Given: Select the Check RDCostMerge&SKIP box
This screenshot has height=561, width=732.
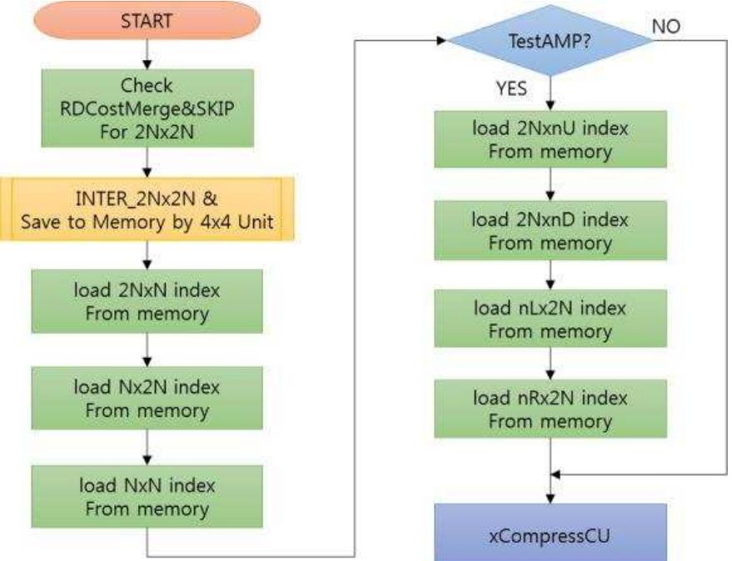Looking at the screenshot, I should click(x=147, y=109).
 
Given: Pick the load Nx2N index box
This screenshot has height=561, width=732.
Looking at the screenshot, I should click(x=147, y=398).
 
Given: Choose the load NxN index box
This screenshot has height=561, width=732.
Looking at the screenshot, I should click(x=147, y=494).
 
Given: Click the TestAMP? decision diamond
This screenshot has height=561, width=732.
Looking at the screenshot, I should click(x=550, y=42).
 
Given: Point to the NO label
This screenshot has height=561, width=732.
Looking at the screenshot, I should click(x=667, y=27).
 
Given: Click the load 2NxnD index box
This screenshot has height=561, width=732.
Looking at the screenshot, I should click(x=550, y=231).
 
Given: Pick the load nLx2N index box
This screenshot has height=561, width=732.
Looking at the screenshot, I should click(x=550, y=320).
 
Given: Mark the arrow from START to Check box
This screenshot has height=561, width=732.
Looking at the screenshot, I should click(x=147, y=54).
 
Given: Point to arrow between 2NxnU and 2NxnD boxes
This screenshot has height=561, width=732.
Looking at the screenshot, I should click(x=550, y=185).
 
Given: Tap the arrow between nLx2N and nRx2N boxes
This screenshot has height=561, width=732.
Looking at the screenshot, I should click(x=550, y=364).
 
